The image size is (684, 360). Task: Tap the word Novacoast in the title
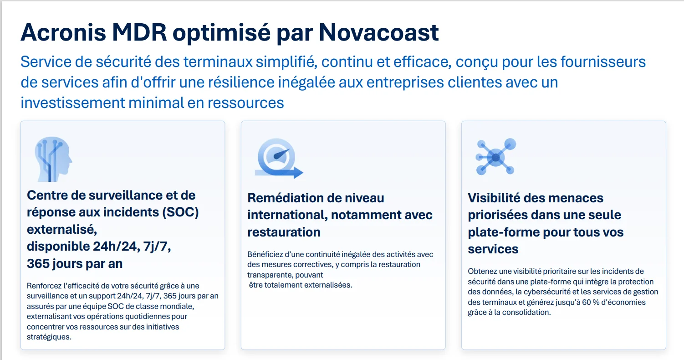click(379, 32)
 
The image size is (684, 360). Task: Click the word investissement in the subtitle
click(72, 103)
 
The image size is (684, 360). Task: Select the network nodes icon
click(495, 157)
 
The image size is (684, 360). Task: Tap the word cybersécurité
click(552, 292)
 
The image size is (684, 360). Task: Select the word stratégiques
click(49, 337)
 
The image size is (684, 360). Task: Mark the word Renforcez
click(45, 286)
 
